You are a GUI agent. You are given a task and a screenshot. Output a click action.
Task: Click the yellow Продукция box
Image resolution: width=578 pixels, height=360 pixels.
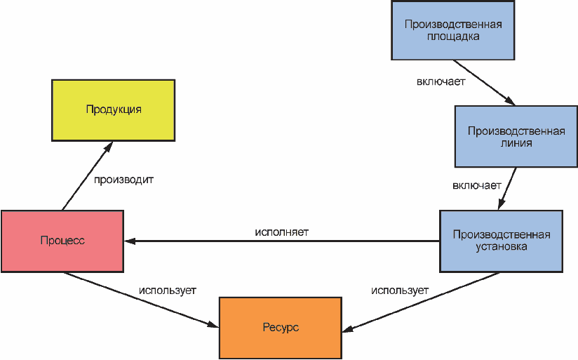click(x=113, y=110)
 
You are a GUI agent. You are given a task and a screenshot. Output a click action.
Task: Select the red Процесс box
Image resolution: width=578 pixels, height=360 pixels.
click(x=62, y=241)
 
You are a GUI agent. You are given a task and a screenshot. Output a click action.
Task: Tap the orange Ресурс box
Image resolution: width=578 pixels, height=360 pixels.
click(x=281, y=328)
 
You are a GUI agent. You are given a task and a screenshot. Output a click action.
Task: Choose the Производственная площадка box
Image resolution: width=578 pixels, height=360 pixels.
click(x=452, y=30)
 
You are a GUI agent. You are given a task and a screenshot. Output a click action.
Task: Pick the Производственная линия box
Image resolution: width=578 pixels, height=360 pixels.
click(x=516, y=137)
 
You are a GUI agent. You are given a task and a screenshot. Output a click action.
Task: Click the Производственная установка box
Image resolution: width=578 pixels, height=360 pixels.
click(x=501, y=241)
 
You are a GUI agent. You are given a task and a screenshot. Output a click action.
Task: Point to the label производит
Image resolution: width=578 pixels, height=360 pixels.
click(x=123, y=180)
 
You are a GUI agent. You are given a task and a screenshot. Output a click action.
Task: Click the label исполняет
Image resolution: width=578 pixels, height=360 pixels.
click(x=281, y=232)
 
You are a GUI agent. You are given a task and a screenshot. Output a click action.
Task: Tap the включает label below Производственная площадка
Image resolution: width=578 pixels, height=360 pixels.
click(x=441, y=81)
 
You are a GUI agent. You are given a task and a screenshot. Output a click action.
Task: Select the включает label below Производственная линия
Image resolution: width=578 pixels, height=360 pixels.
click(x=476, y=185)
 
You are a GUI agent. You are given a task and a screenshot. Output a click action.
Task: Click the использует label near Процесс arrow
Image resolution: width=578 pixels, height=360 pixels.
click(x=168, y=291)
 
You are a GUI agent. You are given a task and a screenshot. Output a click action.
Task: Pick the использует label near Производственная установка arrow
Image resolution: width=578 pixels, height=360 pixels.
click(x=400, y=291)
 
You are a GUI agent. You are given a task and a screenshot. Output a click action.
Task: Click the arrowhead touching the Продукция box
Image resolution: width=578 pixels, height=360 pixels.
click(x=109, y=147)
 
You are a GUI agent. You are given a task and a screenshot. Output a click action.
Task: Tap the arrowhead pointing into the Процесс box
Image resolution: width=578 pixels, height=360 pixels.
click(x=130, y=241)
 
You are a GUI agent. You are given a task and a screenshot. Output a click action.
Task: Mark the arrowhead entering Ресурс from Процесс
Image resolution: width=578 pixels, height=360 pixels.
click(x=213, y=325)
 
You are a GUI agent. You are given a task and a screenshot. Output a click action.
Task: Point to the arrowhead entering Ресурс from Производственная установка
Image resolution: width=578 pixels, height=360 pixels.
click(x=349, y=328)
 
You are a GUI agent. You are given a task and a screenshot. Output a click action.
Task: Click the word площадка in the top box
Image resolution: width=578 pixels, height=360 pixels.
click(x=453, y=37)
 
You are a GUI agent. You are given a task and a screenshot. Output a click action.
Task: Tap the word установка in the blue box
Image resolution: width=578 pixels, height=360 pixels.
click(x=502, y=247)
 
